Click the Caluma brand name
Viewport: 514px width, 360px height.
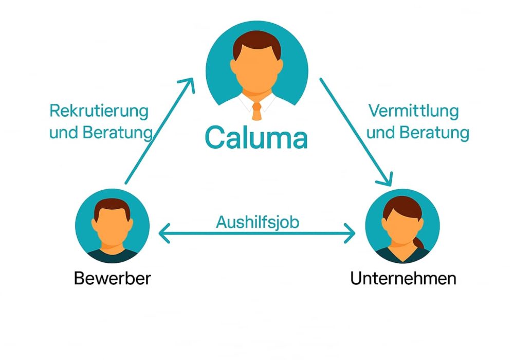pos(256,137)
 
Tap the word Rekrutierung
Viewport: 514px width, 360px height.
pos(99,111)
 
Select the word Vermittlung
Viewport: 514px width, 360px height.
pos(413,111)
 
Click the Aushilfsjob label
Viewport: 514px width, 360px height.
pos(258,222)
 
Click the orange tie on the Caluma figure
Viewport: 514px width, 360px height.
pos(256,111)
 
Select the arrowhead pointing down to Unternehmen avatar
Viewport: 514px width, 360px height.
pos(387,179)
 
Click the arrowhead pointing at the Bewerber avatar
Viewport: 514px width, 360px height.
pos(163,235)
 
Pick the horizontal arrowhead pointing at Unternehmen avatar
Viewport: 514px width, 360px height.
pos(351,235)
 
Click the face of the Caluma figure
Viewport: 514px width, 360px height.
pos(256,72)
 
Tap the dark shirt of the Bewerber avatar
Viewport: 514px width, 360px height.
pos(113,255)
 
